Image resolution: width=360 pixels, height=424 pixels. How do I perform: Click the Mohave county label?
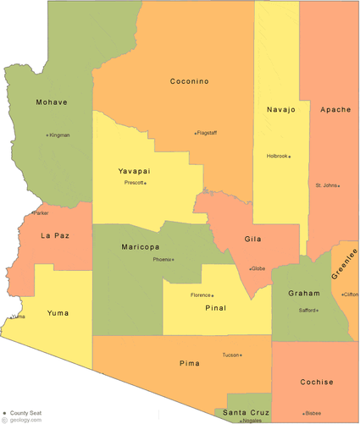coord(52,102)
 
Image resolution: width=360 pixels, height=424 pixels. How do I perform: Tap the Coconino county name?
coord(189,81)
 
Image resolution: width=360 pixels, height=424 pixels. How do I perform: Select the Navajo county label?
coord(280,109)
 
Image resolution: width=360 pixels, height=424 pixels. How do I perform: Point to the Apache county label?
coord(335,109)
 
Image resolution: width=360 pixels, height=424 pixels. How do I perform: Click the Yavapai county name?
coord(135,171)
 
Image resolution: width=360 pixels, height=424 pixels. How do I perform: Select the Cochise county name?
coord(316,382)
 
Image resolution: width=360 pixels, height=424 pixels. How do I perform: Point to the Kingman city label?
coord(59,135)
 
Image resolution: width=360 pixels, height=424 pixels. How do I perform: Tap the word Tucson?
coord(230,355)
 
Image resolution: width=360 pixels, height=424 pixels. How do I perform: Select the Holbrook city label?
coord(277,156)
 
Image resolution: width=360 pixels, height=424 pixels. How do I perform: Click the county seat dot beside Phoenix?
coord(173,259)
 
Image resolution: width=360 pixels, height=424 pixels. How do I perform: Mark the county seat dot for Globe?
coord(249,269)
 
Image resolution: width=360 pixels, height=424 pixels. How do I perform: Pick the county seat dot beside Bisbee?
coord(303,412)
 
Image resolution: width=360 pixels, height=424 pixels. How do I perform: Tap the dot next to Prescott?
coord(145,183)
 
